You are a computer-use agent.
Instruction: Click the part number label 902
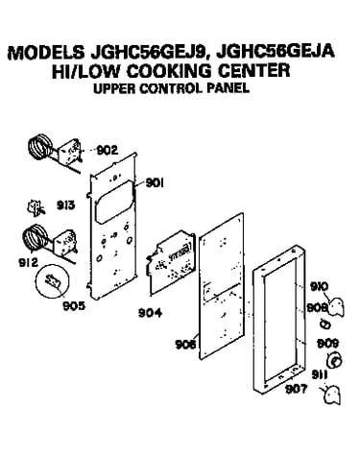[108, 150]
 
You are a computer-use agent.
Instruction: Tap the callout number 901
[155, 182]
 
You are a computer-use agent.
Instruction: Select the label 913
[66, 205]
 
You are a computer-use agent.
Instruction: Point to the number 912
[28, 263]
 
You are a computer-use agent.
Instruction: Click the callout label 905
[74, 306]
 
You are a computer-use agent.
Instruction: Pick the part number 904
[150, 313]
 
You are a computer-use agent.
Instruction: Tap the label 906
[185, 345]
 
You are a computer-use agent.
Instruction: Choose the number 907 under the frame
[296, 389]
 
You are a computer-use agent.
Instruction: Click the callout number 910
[320, 287]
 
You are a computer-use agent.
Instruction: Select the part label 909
[327, 344]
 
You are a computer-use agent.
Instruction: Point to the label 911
[320, 375]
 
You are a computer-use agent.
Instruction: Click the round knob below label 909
[334, 361]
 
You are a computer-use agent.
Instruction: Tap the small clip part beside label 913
[36, 206]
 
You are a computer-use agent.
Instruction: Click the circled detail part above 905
[53, 281]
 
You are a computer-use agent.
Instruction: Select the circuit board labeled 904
[169, 261]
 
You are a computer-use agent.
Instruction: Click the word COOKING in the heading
[169, 71]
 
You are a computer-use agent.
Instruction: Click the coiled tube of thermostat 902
[39, 147]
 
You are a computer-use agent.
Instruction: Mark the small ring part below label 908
[325, 324]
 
